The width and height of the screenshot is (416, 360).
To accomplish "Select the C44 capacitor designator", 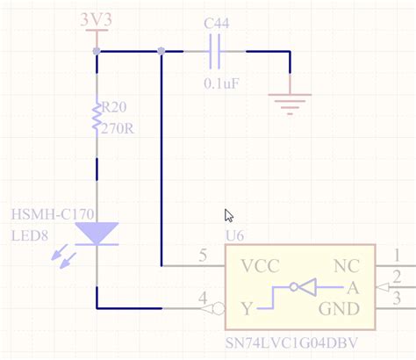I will tap(218, 24).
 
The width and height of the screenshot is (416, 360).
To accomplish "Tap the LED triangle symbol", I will tap(97, 233).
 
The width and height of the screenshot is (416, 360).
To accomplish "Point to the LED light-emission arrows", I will tap(61, 256).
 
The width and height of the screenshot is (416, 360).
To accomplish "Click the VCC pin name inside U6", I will tap(260, 265).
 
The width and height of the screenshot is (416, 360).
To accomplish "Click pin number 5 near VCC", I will tap(204, 256).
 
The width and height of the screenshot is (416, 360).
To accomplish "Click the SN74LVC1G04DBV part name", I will tap(294, 342).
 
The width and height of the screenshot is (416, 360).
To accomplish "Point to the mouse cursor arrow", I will tap(229, 216).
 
